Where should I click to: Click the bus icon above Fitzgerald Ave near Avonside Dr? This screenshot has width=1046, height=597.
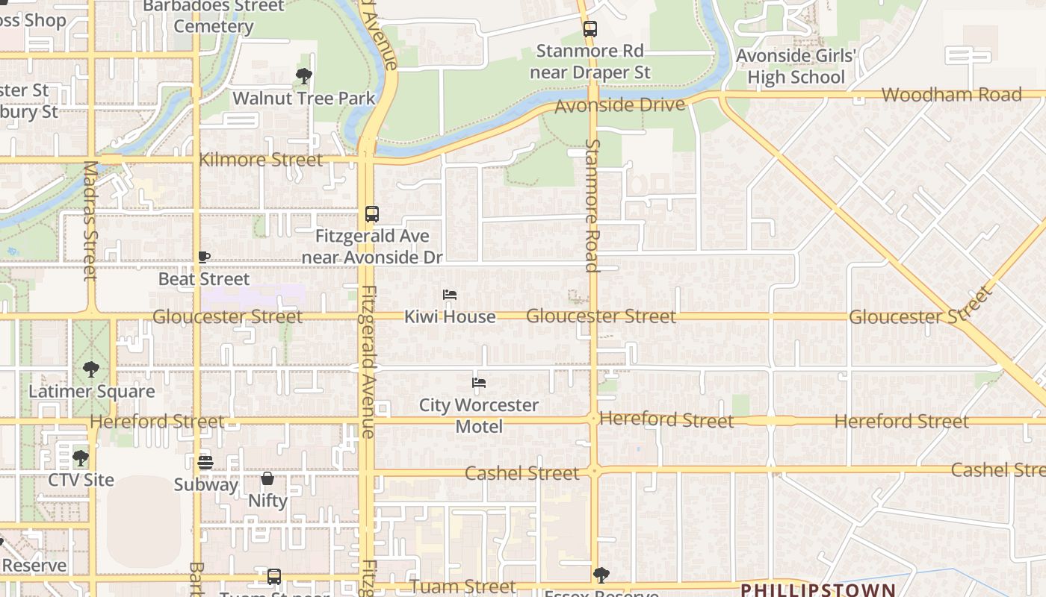[372, 214]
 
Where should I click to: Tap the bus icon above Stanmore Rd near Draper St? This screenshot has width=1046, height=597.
[590, 29]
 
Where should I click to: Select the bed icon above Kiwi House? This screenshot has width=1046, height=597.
[450, 295]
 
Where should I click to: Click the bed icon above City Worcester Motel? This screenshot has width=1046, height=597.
[479, 383]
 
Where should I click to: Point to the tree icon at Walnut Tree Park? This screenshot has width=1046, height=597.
[303, 75]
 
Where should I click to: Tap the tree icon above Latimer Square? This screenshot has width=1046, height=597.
[91, 369]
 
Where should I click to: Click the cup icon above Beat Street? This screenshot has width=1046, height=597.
[203, 257]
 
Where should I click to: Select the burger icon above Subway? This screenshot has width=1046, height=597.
[205, 463]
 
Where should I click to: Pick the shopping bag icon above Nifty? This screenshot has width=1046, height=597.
[267, 478]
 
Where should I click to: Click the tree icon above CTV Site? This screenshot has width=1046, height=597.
[81, 457]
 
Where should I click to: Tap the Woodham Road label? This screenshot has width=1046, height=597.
[951, 95]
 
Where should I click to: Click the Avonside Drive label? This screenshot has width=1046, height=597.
[619, 105]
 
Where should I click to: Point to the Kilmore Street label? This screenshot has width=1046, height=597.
[261, 160]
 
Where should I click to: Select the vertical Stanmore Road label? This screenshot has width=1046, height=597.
[592, 205]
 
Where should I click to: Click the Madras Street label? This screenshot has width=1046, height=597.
[90, 221]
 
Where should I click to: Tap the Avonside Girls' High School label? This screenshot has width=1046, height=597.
[796, 66]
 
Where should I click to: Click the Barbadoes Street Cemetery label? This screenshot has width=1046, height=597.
[214, 16]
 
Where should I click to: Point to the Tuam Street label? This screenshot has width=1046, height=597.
[462, 587]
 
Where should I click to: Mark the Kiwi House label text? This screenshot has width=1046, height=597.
[450, 316]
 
